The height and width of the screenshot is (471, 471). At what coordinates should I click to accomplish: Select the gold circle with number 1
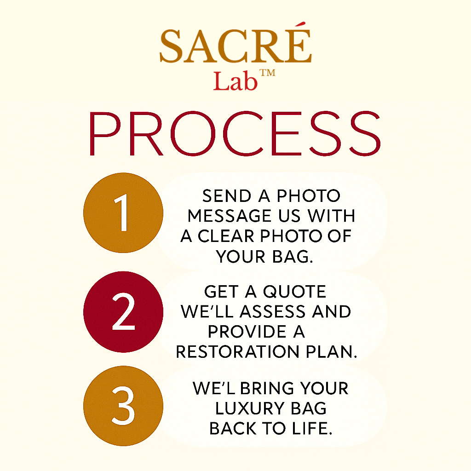tap(123, 213)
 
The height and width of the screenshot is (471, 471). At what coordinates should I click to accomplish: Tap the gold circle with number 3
tap(123, 405)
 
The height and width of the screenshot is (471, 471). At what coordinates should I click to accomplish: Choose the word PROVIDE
tap(240, 332)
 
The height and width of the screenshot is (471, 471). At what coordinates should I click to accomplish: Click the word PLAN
tap(329, 352)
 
